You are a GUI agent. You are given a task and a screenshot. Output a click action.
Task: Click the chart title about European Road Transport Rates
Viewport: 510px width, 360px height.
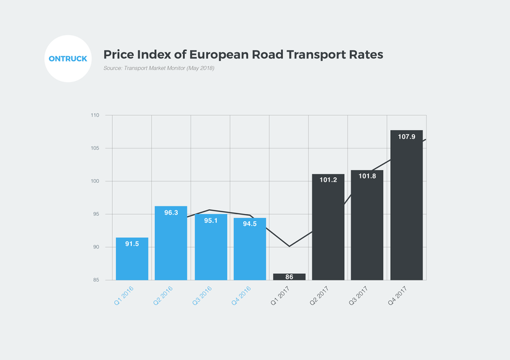243,55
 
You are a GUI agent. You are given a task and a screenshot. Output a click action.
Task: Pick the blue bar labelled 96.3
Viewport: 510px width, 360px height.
171,243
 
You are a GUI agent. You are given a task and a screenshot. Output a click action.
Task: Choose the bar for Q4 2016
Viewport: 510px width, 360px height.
250,248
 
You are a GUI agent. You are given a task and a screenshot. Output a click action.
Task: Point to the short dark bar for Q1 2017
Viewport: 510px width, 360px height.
289,277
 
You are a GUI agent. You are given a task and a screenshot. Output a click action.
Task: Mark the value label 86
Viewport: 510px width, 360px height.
289,277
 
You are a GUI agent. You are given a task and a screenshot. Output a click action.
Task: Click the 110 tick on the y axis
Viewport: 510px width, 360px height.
95,116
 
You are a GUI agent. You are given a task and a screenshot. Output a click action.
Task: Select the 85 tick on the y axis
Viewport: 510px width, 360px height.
96,280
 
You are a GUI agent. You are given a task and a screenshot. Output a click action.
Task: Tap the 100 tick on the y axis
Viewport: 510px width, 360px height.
95,182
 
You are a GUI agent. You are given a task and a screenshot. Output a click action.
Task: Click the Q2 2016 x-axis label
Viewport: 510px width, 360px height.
163,295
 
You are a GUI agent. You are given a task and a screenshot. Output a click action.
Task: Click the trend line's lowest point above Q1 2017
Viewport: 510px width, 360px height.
289,246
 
